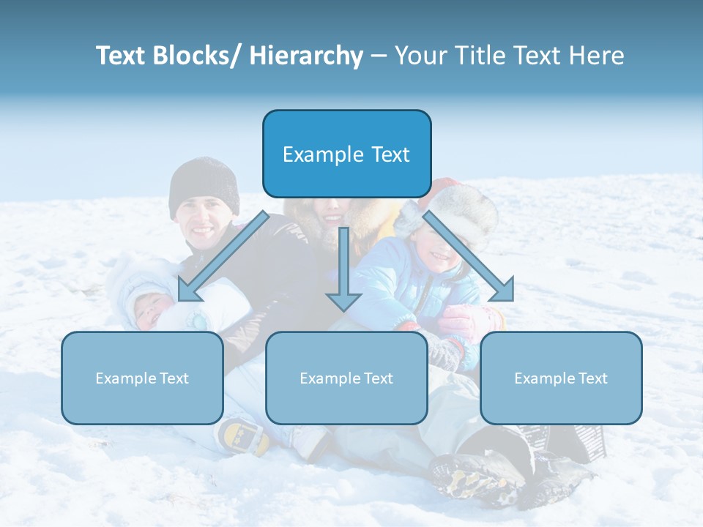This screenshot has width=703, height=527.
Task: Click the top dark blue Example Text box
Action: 346,154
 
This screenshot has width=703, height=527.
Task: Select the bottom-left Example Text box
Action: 142,378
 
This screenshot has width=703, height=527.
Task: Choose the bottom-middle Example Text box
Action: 346,378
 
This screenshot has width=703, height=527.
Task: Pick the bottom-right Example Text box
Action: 561,378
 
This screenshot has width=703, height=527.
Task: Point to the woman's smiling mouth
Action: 332,218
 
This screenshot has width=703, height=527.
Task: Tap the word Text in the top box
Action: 389,154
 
